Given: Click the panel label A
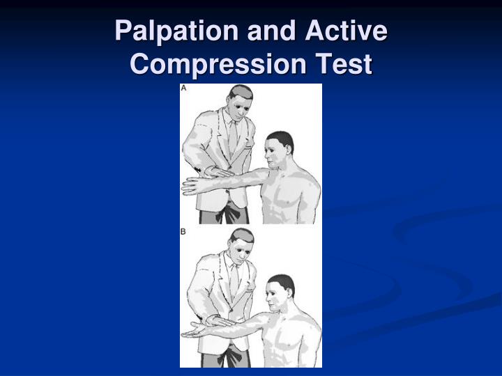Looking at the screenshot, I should (x=184, y=88).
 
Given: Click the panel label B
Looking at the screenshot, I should (x=184, y=231).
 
